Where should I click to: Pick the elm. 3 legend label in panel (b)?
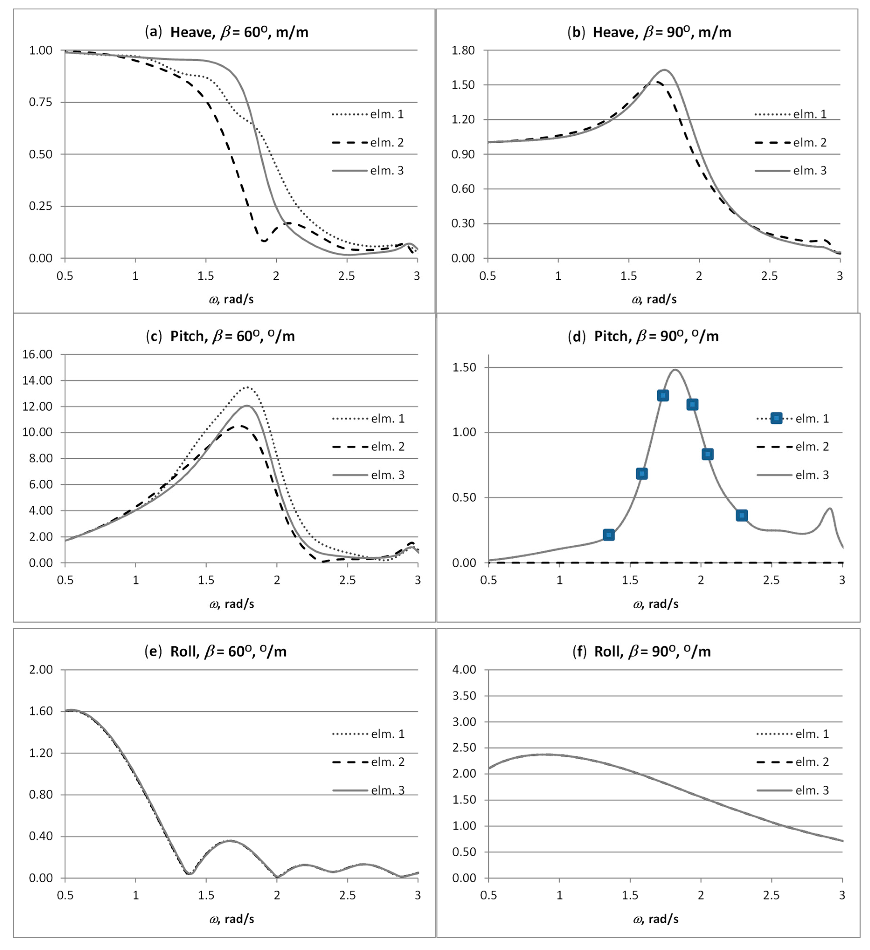(810, 171)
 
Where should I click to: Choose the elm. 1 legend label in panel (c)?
(387, 418)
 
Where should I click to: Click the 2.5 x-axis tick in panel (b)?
(769, 276)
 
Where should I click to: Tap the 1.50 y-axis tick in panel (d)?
(464, 368)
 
